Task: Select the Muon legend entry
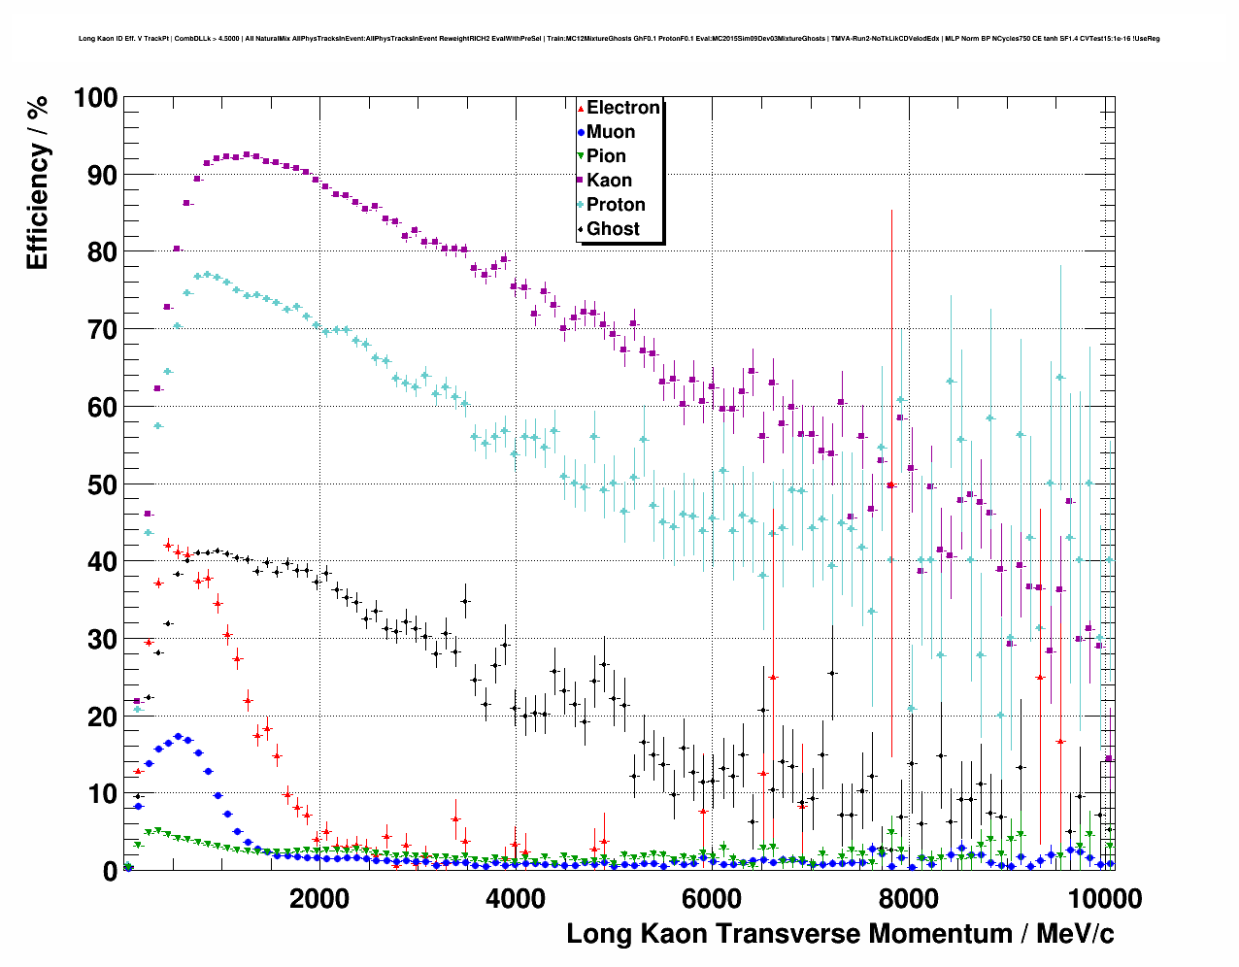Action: [x=610, y=132]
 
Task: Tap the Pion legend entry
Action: [x=606, y=156]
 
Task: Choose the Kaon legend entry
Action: [x=609, y=181]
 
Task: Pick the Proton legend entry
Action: [x=616, y=205]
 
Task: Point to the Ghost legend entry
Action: [x=613, y=229]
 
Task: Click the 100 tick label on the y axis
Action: [x=95, y=98]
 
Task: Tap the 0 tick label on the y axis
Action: [x=110, y=872]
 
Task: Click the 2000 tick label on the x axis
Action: [x=319, y=898]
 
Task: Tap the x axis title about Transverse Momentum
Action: [x=840, y=934]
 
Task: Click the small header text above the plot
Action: [x=619, y=39]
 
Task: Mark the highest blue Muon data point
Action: [x=178, y=737]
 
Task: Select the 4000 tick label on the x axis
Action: [x=516, y=898]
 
